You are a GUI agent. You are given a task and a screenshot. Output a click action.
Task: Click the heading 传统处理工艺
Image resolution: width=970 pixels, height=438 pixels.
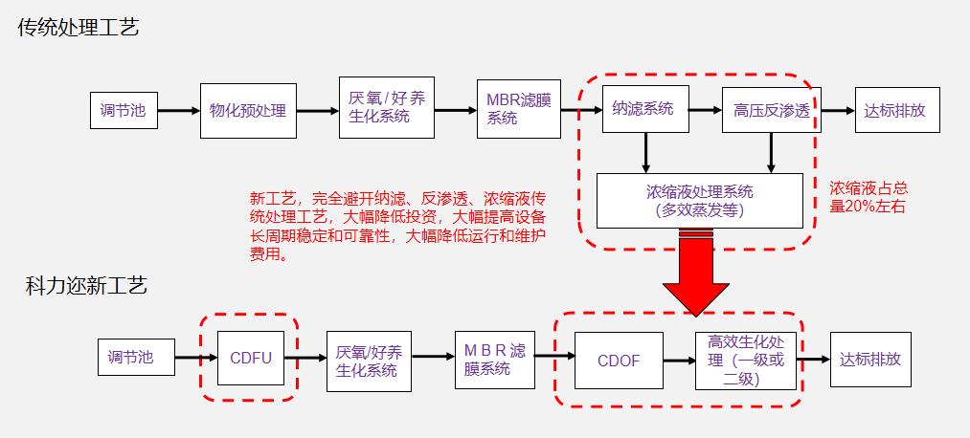[79, 28]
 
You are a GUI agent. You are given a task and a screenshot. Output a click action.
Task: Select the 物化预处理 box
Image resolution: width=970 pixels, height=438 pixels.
[248, 110]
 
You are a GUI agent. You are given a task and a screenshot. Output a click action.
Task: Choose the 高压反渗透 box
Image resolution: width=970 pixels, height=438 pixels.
[771, 110]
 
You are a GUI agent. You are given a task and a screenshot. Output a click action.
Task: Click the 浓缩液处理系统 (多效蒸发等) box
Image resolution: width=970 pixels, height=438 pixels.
[700, 201]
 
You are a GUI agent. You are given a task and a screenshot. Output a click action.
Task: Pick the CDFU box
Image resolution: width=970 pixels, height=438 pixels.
[251, 359]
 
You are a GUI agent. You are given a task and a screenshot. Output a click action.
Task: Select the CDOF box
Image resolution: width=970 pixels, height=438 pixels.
[618, 361]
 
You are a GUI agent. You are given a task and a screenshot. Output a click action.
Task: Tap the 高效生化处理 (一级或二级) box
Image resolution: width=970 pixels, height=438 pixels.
[745, 361]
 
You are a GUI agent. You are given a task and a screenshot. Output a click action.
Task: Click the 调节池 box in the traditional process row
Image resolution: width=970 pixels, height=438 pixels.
[124, 110]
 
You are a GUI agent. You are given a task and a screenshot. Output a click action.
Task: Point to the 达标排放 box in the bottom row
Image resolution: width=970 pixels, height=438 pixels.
[870, 360]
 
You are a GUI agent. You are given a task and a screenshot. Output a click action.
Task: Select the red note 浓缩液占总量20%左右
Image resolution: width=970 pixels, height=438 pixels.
[868, 197]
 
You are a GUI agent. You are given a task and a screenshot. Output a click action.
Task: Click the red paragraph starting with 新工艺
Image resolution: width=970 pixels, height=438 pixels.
[397, 227]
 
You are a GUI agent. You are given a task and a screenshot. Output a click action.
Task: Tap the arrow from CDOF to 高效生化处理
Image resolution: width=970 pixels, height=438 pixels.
[678, 361]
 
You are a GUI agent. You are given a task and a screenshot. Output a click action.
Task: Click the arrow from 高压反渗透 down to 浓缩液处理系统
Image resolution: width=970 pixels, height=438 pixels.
[771, 152]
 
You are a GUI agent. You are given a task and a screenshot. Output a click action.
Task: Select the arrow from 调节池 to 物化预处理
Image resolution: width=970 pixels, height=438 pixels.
[178, 110]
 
